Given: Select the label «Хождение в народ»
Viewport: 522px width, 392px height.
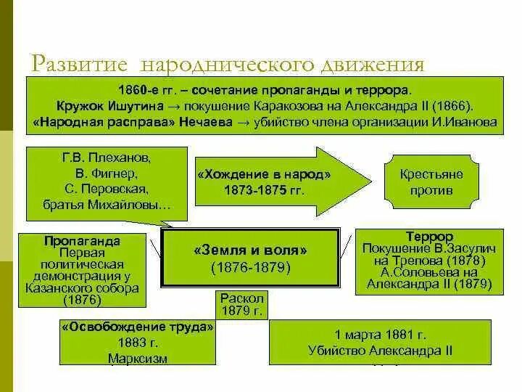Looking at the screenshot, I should (x=264, y=175).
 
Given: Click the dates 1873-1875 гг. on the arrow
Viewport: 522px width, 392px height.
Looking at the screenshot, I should (x=264, y=190).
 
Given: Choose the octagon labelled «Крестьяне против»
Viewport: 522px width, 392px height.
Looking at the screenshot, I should (x=431, y=182).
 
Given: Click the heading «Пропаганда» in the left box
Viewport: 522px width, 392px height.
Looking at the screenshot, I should (x=82, y=240).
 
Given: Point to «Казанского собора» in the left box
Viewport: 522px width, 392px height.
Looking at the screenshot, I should (x=82, y=287).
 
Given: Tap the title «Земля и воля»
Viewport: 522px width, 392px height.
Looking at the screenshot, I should (x=251, y=250).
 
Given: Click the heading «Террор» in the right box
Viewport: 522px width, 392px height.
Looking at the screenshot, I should (x=430, y=237).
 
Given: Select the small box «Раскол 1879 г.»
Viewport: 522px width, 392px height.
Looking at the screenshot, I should (x=242, y=305).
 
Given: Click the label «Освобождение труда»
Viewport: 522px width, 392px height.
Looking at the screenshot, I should (x=138, y=327).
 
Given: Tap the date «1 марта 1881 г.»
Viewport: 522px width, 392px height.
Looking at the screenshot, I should (x=380, y=335).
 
